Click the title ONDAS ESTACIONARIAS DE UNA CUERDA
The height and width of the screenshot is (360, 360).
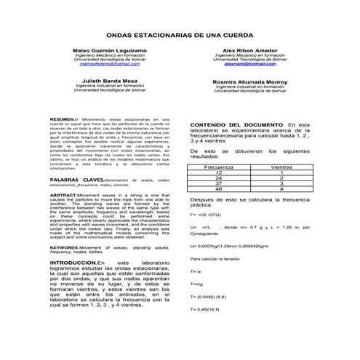[180, 35]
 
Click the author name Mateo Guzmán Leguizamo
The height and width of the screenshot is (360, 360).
[110, 50]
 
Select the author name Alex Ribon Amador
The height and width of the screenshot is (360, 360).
[249, 50]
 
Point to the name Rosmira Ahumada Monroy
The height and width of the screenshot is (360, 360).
[250, 81]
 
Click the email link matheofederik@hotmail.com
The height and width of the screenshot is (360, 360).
[110, 65]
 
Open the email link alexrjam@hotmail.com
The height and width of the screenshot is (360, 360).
[249, 65]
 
